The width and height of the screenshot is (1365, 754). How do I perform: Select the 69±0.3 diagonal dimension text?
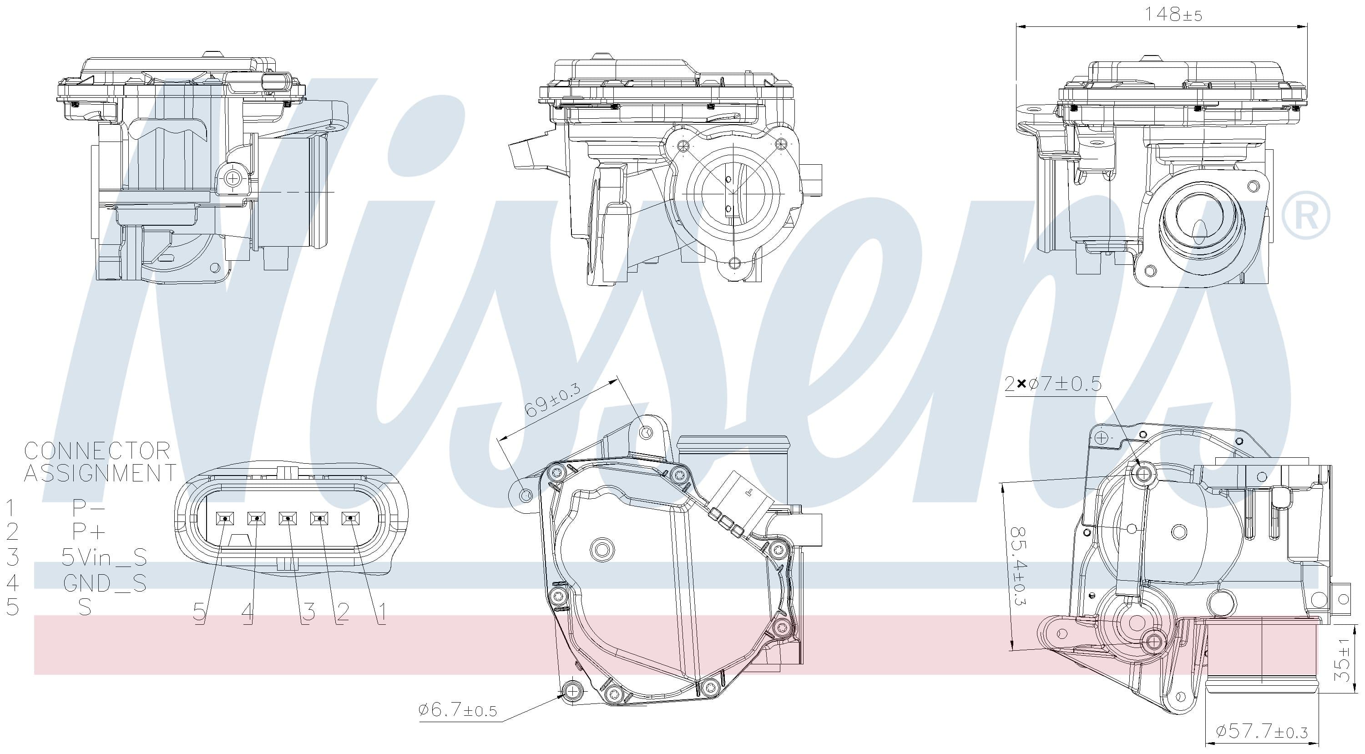pyautogui.click(x=551, y=400)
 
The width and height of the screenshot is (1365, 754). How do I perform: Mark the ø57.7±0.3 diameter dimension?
pyautogui.click(x=1261, y=732)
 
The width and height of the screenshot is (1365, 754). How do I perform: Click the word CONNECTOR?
pyautogui.click(x=97, y=451)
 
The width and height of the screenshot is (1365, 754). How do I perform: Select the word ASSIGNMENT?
pyautogui.click(x=100, y=473)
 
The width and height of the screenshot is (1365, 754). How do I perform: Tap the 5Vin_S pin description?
pyautogui.click(x=104, y=557)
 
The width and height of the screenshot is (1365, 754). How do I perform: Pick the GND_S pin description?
pyautogui.click(x=104, y=583)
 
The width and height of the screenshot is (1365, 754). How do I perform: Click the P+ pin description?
pyautogui.click(x=88, y=531)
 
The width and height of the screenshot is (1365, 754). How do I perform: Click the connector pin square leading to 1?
pyautogui.click(x=350, y=519)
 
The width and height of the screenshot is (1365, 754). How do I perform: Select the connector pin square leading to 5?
pyautogui.click(x=225, y=519)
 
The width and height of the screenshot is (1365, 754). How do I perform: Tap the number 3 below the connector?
pyautogui.click(x=308, y=612)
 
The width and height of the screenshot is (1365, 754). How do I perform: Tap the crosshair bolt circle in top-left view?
pyautogui.click(x=232, y=178)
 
